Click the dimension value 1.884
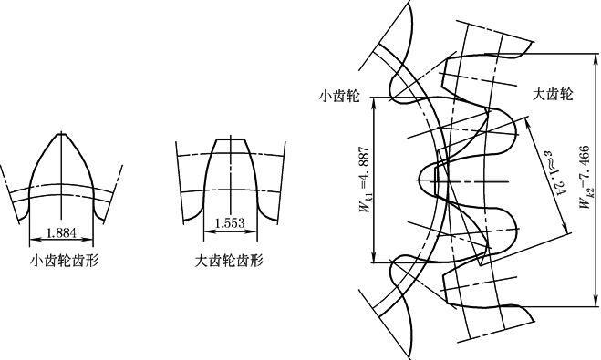(61, 232)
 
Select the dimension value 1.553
(230, 223)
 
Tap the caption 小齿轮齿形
(65, 261)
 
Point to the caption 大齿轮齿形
(229, 261)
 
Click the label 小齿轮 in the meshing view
(339, 96)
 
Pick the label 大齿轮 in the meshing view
(553, 94)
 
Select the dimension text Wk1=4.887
(365, 180)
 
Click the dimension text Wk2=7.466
(585, 177)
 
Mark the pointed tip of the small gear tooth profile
(61, 134)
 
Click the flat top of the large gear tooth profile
(230, 139)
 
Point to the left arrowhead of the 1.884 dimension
(33, 240)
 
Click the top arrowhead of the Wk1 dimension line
(374, 101)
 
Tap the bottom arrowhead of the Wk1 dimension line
(374, 259)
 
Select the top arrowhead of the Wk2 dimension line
(596, 57)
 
